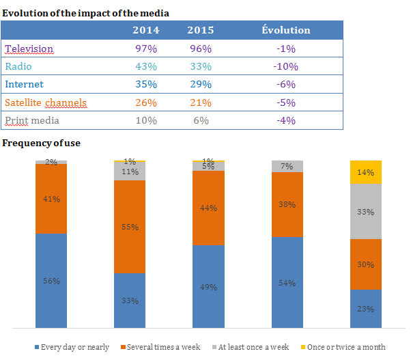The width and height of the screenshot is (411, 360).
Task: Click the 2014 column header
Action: click(x=147, y=30)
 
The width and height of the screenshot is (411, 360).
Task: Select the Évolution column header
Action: click(x=286, y=30)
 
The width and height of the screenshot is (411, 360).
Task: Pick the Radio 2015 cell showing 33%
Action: click(x=201, y=66)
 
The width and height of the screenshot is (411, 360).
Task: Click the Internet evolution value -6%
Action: click(x=286, y=84)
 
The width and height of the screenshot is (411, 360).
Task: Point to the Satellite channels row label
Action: click(x=45, y=102)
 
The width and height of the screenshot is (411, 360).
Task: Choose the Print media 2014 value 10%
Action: click(x=147, y=120)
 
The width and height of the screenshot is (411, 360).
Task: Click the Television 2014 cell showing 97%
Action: click(x=147, y=49)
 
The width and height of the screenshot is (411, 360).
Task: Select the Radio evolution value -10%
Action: click(x=286, y=66)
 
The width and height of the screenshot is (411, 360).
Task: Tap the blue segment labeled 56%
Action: click(x=51, y=280)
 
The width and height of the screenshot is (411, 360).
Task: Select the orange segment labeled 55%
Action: click(x=129, y=226)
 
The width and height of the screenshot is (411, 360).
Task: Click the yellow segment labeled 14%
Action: click(x=365, y=172)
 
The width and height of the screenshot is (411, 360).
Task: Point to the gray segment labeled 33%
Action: click(x=365, y=212)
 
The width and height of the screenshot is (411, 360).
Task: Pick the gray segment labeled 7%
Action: click(x=287, y=166)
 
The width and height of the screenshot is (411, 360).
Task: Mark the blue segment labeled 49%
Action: click(x=208, y=286)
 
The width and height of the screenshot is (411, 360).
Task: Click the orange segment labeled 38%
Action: click(x=287, y=204)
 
